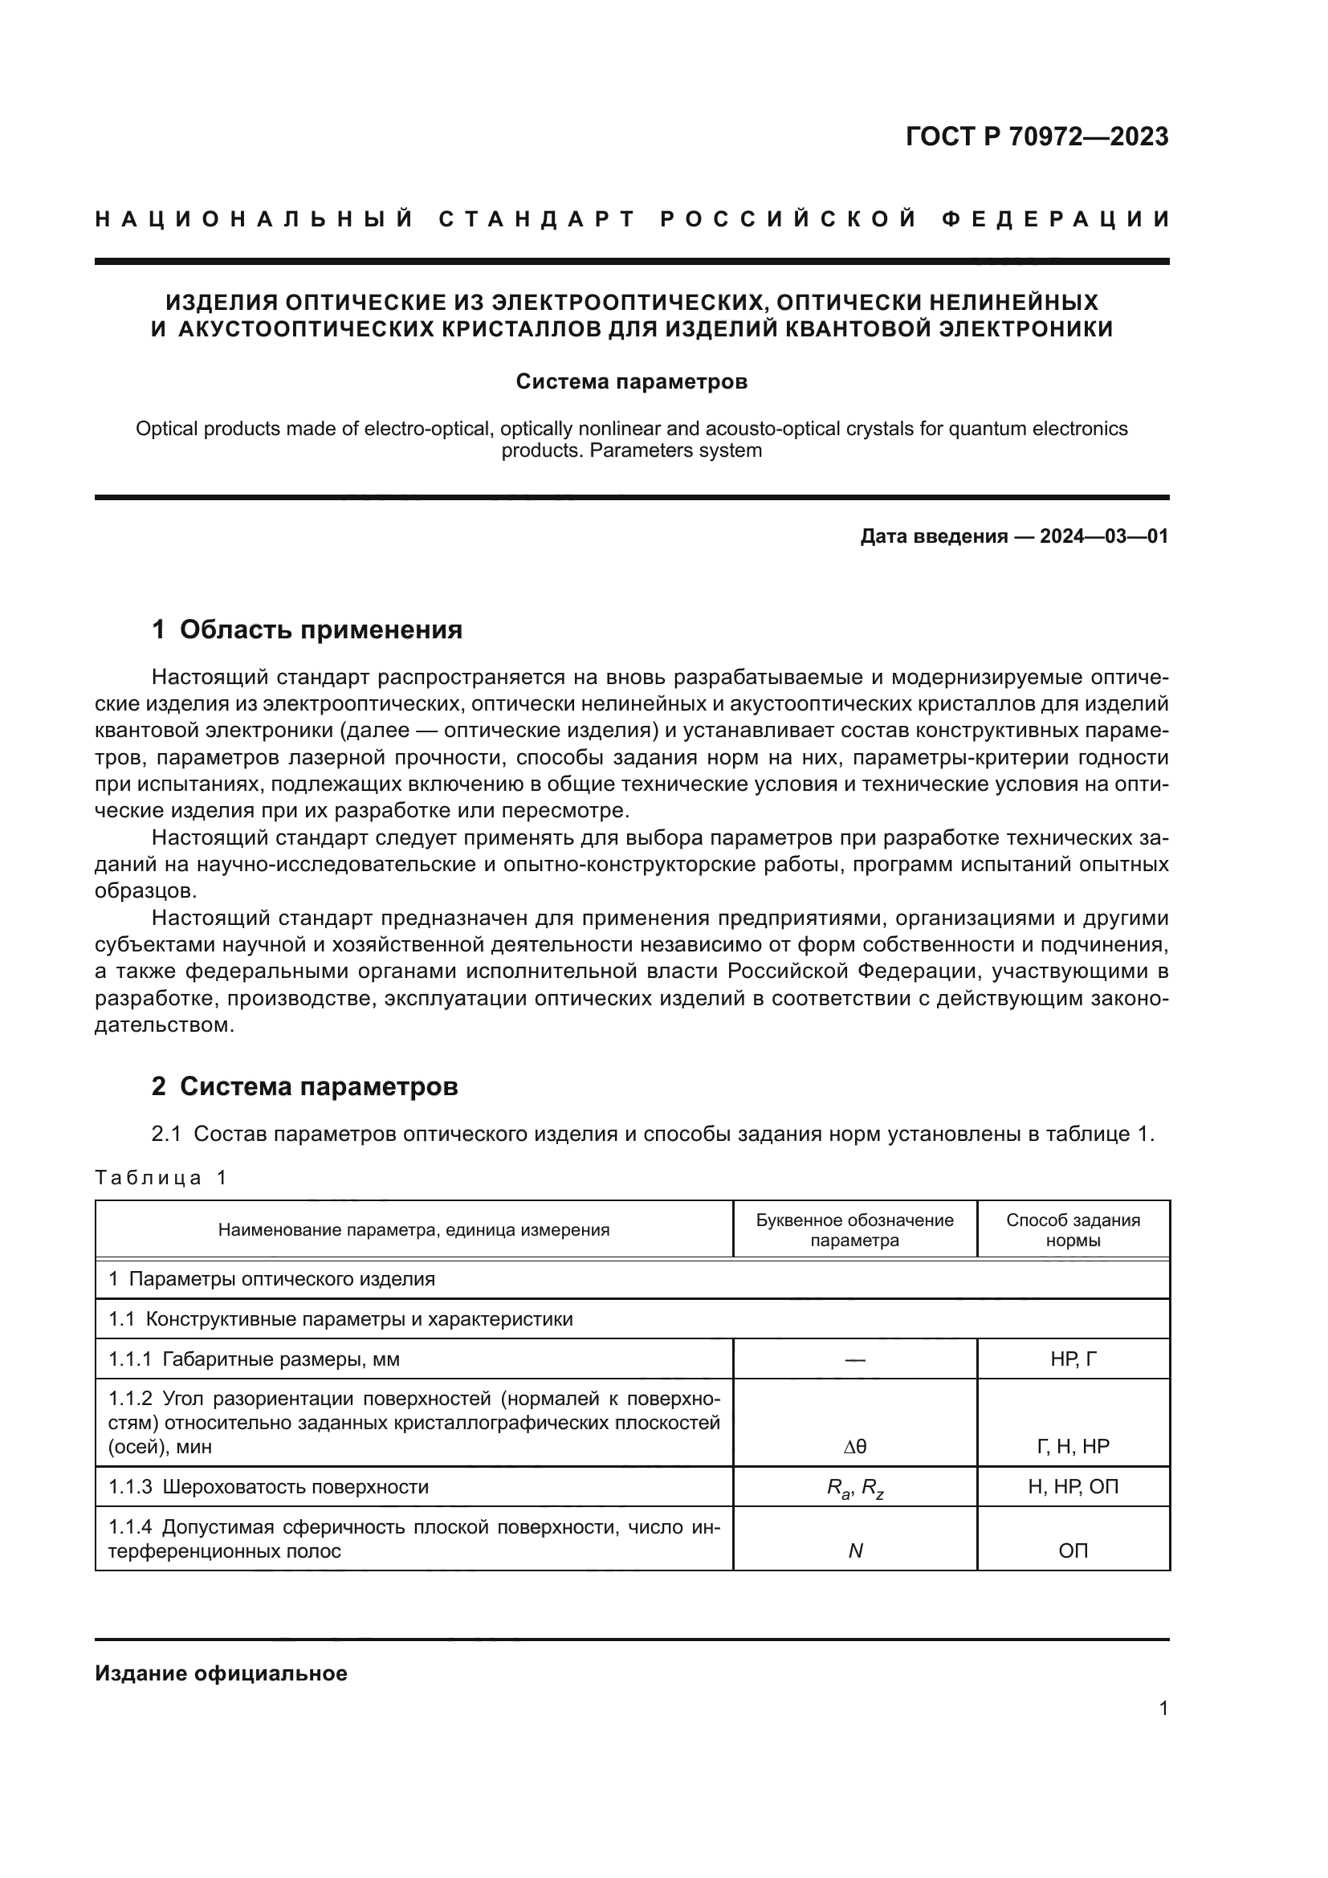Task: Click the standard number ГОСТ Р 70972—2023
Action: pyautogui.click(x=1036, y=136)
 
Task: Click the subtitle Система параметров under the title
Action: pyautogui.click(x=631, y=382)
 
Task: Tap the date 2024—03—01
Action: pyautogui.click(x=1103, y=536)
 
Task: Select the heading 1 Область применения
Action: pyautogui.click(x=307, y=629)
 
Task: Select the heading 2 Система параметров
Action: pyautogui.click(x=304, y=1086)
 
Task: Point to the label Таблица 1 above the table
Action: pyautogui.click(x=161, y=1177)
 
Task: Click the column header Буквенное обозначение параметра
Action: pyautogui.click(x=854, y=1229)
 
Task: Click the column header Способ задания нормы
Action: pyautogui.click(x=1072, y=1229)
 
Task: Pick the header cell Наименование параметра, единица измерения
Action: pyautogui.click(x=413, y=1229)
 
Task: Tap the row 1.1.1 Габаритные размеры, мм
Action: pyautogui.click(x=255, y=1359)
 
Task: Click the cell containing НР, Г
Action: pyautogui.click(x=1073, y=1359)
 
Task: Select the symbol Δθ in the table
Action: pyautogui.click(x=854, y=1446)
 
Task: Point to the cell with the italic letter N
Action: pyautogui.click(x=855, y=1551)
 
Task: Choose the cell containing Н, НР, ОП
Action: pyautogui.click(x=1073, y=1486)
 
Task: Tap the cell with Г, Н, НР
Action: pyautogui.click(x=1073, y=1446)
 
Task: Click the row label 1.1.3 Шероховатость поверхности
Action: pyautogui.click(x=269, y=1486)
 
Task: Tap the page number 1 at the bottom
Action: pyautogui.click(x=1163, y=1708)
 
